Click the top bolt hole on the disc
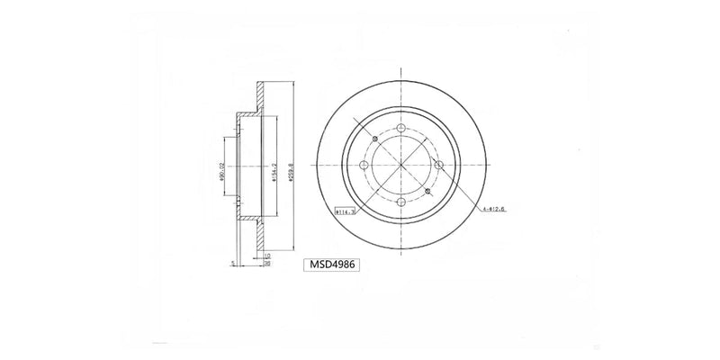pyautogui.click(x=400, y=128)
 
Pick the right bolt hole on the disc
pyautogui.click(x=438, y=166)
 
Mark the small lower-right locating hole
pyautogui.click(x=427, y=191)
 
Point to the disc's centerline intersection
pyautogui.click(x=400, y=166)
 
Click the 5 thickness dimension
pyautogui.click(x=232, y=263)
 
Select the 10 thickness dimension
pyautogui.click(x=268, y=256)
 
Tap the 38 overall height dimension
pyautogui.click(x=268, y=265)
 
